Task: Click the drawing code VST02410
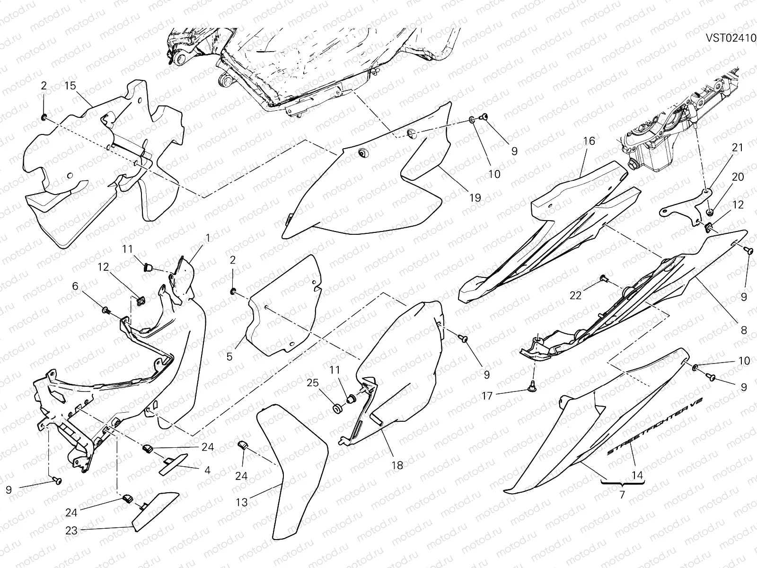(x=731, y=38)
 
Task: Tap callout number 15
(x=70, y=86)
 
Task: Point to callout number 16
(x=589, y=141)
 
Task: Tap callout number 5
(x=229, y=356)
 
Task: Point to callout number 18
(x=397, y=465)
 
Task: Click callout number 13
(x=242, y=502)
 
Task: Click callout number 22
(x=575, y=295)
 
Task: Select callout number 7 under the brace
(x=622, y=495)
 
